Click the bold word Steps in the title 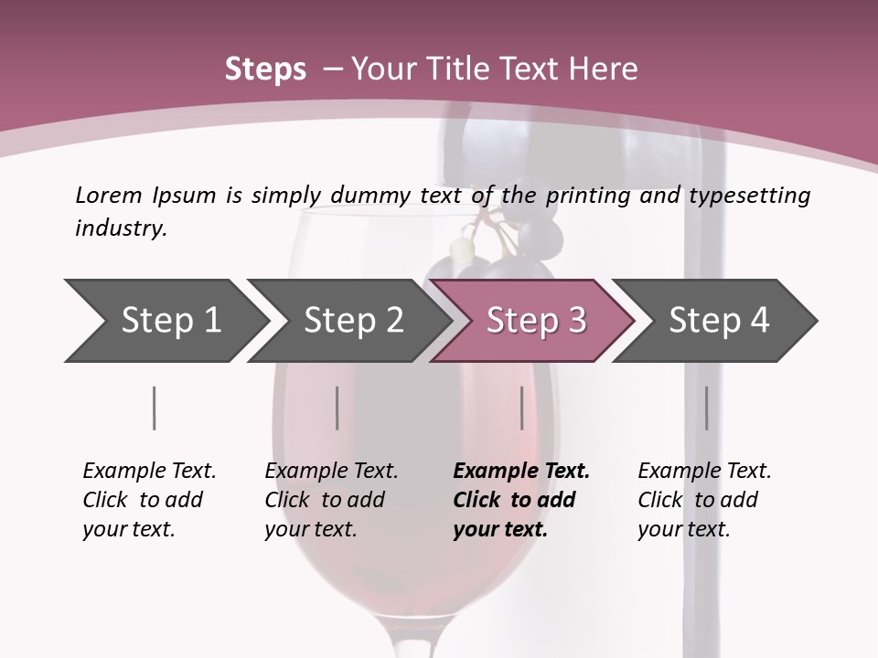pyautogui.click(x=265, y=69)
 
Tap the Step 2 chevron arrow pyautogui.click(x=350, y=321)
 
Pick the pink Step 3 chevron pyautogui.click(x=533, y=321)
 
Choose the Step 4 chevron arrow pyautogui.click(x=715, y=321)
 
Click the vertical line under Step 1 pyautogui.click(x=154, y=408)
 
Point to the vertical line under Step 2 pyautogui.click(x=337, y=408)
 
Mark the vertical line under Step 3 pyautogui.click(x=522, y=408)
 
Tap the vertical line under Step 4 pyautogui.click(x=707, y=408)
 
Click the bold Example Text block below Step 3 pyautogui.click(x=521, y=500)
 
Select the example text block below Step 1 pyautogui.click(x=149, y=500)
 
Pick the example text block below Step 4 pyautogui.click(x=704, y=500)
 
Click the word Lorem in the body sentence pyautogui.click(x=109, y=196)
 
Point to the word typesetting pyautogui.click(x=750, y=196)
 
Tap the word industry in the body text pyautogui.click(x=121, y=228)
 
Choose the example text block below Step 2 pyautogui.click(x=331, y=500)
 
